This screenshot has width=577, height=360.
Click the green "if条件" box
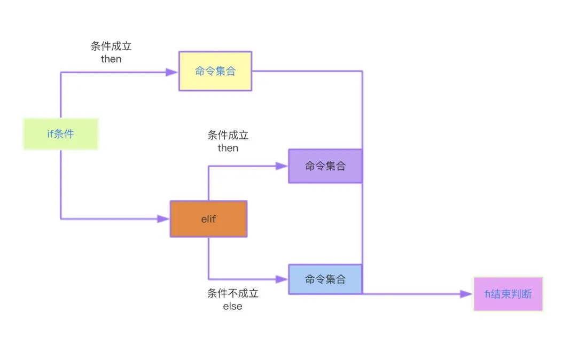pyautogui.click(x=61, y=134)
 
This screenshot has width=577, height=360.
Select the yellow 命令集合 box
pyautogui.click(x=215, y=71)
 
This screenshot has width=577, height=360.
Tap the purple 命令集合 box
pyautogui.click(x=325, y=166)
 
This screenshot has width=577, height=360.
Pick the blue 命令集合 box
pyautogui.click(x=325, y=279)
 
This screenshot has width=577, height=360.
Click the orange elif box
pyautogui.click(x=209, y=219)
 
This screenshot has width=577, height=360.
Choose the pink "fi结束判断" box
pyautogui.click(x=508, y=294)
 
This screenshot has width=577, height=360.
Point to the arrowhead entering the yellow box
pyautogui.click(x=172, y=73)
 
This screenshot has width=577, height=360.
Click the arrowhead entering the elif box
pyautogui.click(x=163, y=219)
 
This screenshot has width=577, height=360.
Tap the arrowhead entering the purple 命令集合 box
pyautogui.click(x=282, y=166)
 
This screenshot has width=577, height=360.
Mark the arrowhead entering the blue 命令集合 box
pyautogui.click(x=282, y=279)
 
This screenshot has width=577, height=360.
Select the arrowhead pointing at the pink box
pyautogui.click(x=466, y=294)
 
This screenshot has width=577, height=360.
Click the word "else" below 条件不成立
pyautogui.click(x=232, y=306)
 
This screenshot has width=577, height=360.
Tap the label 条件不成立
pyautogui.click(x=232, y=293)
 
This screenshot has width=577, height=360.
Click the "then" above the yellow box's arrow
pyautogui.click(x=111, y=59)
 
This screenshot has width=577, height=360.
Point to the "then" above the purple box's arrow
pyautogui.click(x=228, y=148)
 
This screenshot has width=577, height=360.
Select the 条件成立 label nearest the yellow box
pyautogui.click(x=111, y=46)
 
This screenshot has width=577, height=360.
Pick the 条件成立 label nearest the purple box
pyautogui.click(x=228, y=135)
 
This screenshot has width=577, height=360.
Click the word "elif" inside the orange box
pyautogui.click(x=209, y=219)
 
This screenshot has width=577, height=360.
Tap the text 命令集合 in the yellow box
pyautogui.click(x=215, y=71)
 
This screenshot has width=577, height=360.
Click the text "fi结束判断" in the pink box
pyautogui.click(x=508, y=294)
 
